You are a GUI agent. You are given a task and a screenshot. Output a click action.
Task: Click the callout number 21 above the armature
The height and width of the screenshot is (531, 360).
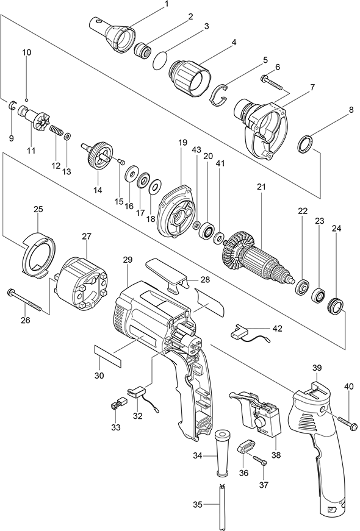coord(261,187)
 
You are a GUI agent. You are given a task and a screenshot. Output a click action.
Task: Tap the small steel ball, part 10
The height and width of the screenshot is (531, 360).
coord(26,100)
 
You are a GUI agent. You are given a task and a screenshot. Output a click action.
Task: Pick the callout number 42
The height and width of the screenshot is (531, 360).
coord(276,328)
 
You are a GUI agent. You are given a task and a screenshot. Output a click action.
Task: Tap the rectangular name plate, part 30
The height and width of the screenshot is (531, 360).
coord(107,356)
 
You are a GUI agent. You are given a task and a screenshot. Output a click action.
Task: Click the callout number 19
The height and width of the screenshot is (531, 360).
coord(182,143)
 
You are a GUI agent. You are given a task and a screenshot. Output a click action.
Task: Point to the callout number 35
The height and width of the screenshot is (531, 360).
coord(198,505)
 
